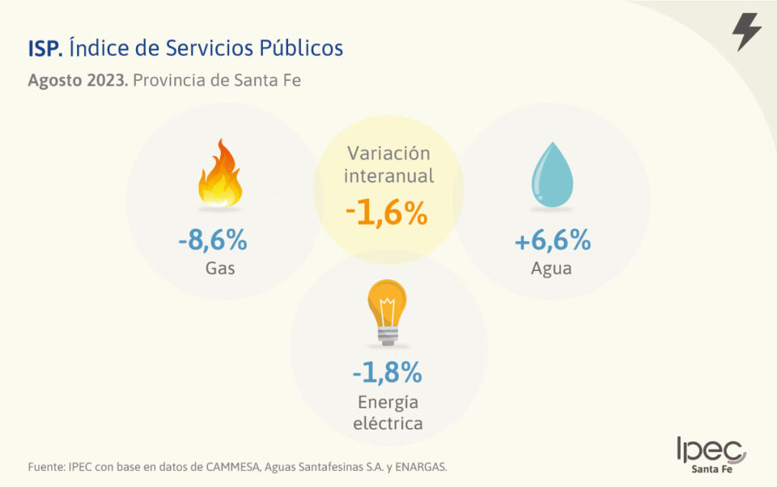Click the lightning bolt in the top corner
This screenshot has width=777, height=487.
coord(745,32)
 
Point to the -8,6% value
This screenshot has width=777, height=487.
coord(212,240)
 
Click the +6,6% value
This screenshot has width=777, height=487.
coord(553,240)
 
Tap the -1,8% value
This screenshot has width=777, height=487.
coord(387,372)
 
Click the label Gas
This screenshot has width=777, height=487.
coord(220,269)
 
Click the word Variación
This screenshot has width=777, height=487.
coord(388,153)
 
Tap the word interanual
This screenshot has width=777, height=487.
coord(388,176)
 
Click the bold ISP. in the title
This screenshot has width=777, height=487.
coord(45,49)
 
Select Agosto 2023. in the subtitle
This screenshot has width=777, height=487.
coord(78,81)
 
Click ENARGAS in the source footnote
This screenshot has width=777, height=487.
coord(422,467)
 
